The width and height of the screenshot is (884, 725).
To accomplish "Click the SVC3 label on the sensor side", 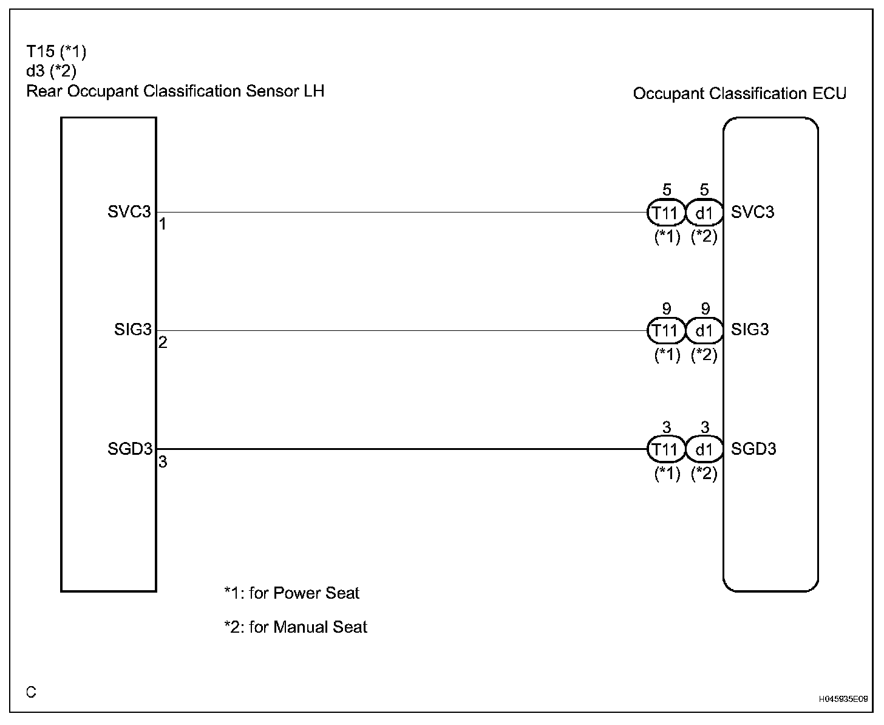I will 129,213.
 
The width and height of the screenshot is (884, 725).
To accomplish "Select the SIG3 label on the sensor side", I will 132,330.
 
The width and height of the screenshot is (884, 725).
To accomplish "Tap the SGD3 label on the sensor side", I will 129,449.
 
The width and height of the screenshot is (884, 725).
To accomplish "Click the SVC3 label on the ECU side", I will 753,213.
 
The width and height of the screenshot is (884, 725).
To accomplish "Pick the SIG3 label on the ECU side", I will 750,330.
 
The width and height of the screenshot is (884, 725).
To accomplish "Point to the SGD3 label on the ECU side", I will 753,449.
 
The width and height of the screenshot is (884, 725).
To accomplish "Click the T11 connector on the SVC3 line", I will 665,213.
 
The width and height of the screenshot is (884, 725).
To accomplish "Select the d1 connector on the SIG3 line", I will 704,331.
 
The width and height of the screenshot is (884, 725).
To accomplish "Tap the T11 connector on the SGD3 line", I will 665,450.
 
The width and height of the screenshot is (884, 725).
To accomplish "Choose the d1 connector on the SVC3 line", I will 704,213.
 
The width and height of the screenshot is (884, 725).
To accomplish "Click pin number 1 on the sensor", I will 163,225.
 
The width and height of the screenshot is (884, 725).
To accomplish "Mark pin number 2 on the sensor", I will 163,343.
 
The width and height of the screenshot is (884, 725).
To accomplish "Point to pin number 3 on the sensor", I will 163,462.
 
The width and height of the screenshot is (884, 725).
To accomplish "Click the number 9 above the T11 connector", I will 667,310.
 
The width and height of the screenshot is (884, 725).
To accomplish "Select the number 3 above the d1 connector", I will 705,428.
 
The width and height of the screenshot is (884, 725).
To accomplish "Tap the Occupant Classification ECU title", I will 739,94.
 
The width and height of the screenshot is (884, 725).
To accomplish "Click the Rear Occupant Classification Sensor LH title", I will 175,91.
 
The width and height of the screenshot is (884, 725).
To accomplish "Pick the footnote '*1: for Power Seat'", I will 291,593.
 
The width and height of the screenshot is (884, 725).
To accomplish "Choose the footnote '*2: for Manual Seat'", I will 296,627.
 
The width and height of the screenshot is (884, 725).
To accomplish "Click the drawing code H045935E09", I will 843,699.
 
